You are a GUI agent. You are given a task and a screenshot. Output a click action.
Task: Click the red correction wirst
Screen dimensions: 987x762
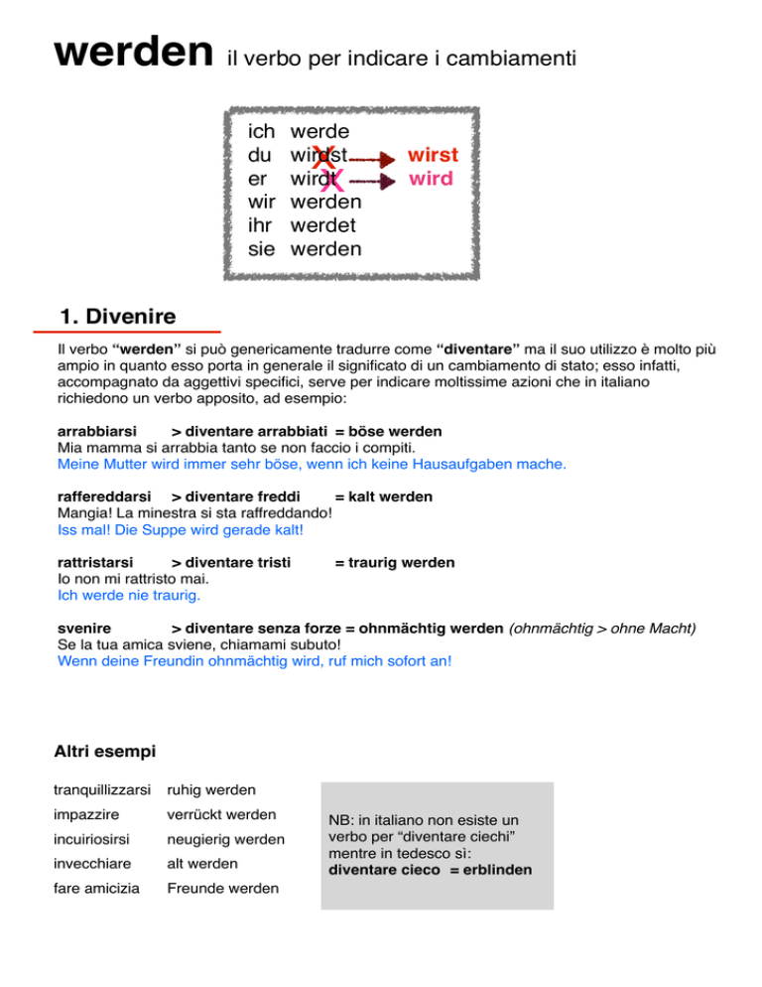click(432, 157)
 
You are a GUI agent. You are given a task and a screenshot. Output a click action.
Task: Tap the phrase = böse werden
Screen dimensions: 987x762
click(388, 432)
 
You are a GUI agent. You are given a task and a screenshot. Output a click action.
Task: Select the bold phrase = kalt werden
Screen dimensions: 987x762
click(383, 496)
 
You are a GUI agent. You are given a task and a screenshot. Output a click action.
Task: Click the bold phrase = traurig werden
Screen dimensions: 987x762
click(395, 563)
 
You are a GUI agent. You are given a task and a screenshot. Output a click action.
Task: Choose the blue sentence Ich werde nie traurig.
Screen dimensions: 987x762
click(129, 596)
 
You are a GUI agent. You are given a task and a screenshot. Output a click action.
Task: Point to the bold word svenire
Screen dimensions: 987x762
click(84, 629)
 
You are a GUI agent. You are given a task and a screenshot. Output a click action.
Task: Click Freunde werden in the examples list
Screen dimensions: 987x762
click(222, 889)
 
